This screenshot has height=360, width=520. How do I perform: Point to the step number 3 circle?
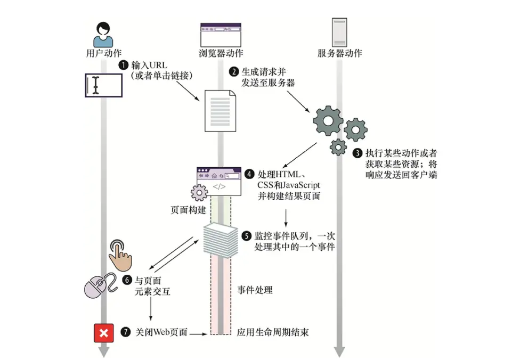(x=358, y=152)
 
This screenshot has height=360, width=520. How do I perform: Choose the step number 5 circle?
(x=246, y=235)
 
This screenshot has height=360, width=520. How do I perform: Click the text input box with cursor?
(x=104, y=85)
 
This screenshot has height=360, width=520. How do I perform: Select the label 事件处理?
(x=255, y=290)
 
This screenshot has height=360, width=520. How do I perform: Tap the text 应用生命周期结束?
(x=273, y=332)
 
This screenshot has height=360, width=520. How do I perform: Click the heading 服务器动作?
(x=339, y=53)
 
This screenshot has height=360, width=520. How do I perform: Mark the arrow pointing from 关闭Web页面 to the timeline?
(x=199, y=334)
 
